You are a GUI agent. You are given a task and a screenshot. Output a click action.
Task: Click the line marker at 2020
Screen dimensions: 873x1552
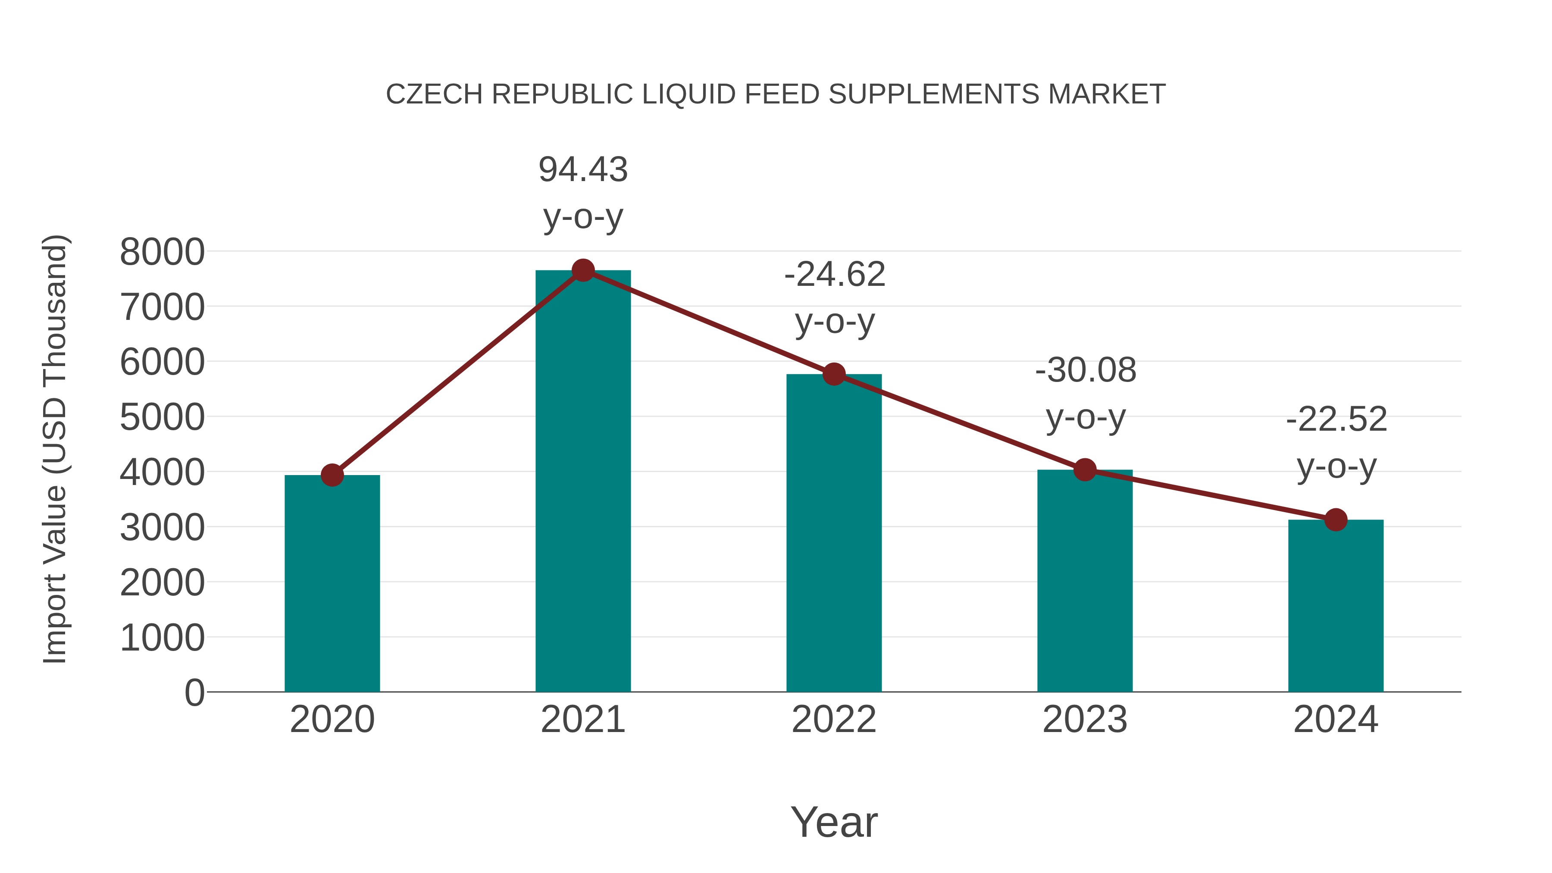pyautogui.click(x=332, y=476)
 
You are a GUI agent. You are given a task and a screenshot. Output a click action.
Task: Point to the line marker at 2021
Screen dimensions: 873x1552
pyautogui.click(x=582, y=270)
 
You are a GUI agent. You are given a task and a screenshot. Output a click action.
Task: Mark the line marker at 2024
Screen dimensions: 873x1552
pyautogui.click(x=1336, y=519)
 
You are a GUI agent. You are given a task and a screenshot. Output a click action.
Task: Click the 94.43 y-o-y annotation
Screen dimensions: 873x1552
pyautogui.click(x=582, y=192)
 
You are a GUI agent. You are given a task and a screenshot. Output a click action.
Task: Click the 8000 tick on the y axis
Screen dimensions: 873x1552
pyautogui.click(x=162, y=252)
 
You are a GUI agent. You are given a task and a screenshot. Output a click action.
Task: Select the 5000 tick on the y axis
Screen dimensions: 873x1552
pyautogui.click(x=162, y=417)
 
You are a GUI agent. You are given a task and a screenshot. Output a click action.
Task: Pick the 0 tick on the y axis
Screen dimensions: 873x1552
pyautogui.click(x=194, y=692)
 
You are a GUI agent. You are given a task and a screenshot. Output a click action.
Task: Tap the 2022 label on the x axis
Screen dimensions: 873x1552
pyautogui.click(x=834, y=720)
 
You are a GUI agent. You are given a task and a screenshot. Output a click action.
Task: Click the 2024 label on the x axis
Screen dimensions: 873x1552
pyautogui.click(x=1336, y=720)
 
